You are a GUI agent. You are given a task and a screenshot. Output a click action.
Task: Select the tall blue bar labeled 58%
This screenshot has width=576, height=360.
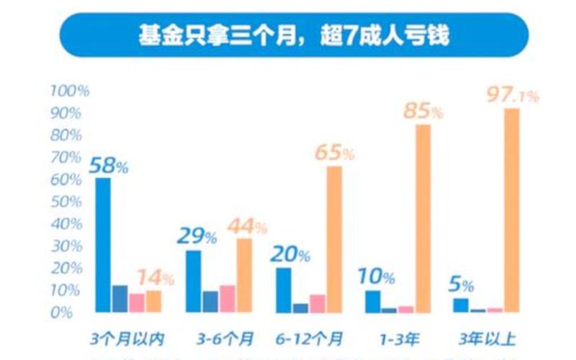coord(103,245)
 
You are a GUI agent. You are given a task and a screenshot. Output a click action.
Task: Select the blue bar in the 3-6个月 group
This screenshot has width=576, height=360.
coord(193,281)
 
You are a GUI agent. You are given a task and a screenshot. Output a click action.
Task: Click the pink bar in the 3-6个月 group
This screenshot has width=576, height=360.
coord(228,298)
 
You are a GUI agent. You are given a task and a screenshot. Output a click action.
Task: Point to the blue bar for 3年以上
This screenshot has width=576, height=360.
coord(460,305)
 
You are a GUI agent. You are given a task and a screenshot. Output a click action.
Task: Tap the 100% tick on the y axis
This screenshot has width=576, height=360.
coord(70,91)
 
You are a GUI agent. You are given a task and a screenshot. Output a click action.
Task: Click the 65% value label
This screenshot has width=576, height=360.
coord(334,153)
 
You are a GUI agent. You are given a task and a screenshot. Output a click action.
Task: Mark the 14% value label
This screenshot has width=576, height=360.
coord(157,278)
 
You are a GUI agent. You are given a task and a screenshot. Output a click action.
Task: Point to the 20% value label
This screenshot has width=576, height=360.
coord(289,254)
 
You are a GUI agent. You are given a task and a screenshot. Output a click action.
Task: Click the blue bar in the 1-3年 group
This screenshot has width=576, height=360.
coord(372,301)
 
